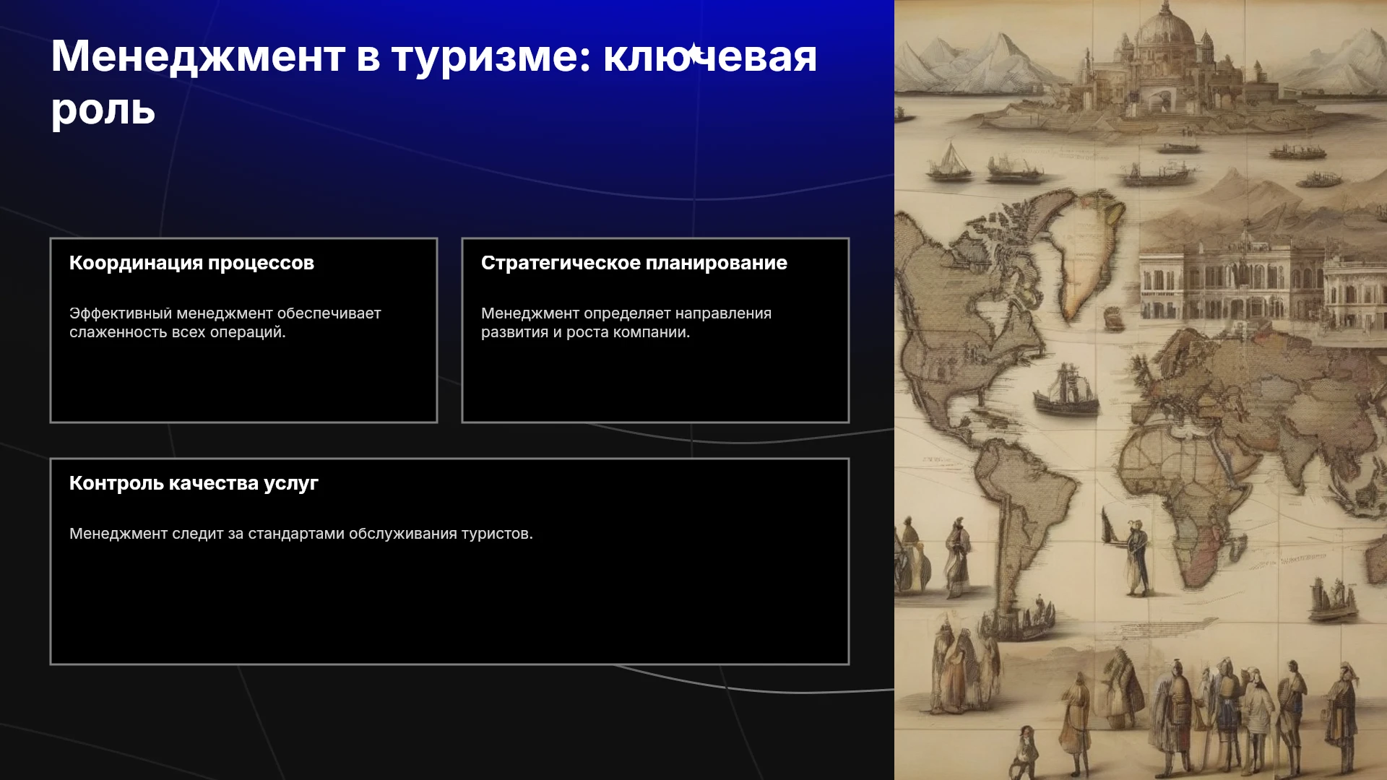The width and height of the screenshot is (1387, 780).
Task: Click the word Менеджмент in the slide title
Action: point(198,56)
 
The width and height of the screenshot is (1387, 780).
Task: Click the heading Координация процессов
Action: point(191,264)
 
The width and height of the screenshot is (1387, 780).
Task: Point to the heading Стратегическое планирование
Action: point(634,264)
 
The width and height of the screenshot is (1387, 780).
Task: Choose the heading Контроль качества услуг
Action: point(194,484)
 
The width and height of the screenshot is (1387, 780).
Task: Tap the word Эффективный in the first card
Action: point(121,314)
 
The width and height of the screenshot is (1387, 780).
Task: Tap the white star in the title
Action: point(694,53)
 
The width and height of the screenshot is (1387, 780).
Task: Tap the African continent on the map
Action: point(1192,491)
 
